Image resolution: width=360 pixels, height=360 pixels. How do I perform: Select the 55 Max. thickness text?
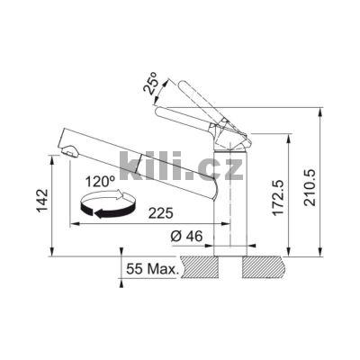(x=153, y=268)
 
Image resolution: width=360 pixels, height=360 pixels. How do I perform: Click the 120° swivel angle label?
(x=99, y=182)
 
